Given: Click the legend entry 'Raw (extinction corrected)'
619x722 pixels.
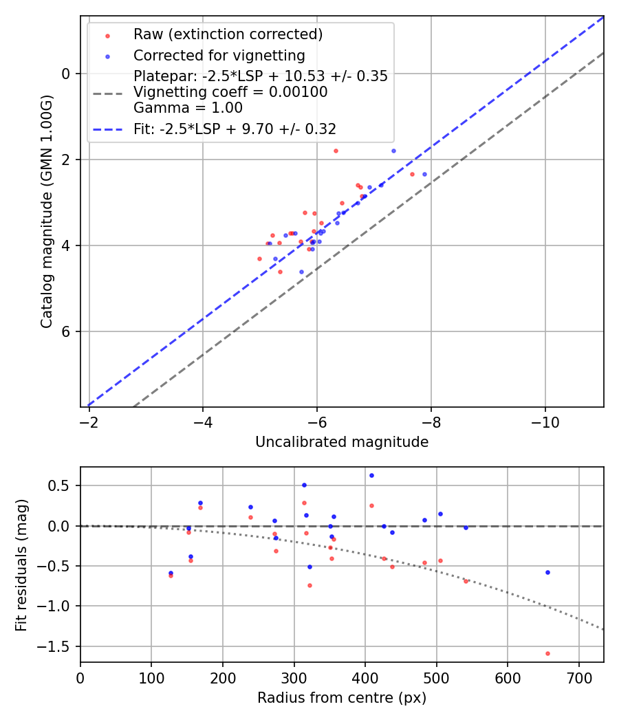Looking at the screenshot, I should (x=228, y=34).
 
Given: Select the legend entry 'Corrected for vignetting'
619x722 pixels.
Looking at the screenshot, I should (x=219, y=55).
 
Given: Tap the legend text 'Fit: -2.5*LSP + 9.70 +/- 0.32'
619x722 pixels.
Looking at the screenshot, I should (x=235, y=129).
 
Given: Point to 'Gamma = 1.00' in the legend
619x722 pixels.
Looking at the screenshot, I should (x=188, y=107).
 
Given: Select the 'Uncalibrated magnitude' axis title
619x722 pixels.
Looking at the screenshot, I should (x=342, y=442).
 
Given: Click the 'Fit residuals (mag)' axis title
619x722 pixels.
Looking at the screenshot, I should (x=21, y=564).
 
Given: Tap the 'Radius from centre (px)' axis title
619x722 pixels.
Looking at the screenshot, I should (x=342, y=698).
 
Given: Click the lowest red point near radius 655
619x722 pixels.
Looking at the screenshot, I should (x=547, y=653).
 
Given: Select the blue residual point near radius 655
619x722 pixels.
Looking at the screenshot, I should (x=547, y=572).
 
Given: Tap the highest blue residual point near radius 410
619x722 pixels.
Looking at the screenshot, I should (x=371, y=475).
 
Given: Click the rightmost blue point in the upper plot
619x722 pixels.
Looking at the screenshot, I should (x=424, y=174).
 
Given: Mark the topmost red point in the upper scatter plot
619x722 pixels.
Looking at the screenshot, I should (x=336, y=151).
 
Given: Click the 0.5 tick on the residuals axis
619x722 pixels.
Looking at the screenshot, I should (x=63, y=485).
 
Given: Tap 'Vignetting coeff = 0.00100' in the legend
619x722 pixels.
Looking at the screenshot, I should (x=230, y=92).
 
